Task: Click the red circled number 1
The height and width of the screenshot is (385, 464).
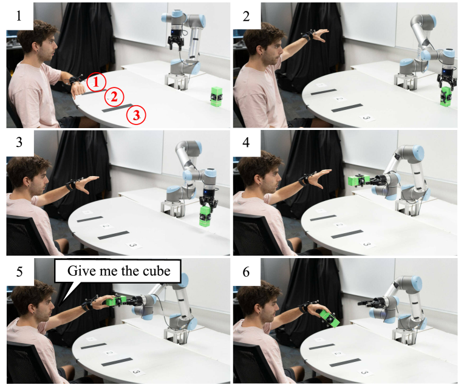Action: click(x=96, y=81)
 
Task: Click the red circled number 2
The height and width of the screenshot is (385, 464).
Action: click(x=114, y=97)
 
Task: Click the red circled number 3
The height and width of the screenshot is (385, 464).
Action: click(x=136, y=115)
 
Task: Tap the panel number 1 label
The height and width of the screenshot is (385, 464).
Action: click(x=19, y=15)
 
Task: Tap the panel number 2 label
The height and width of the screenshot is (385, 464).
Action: click(x=246, y=16)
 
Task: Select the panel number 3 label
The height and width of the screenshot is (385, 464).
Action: click(x=19, y=142)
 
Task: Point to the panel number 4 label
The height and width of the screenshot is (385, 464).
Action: click(x=246, y=142)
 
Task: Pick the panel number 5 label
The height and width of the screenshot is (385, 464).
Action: click(x=19, y=271)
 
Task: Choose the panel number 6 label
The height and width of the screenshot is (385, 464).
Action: click(x=246, y=271)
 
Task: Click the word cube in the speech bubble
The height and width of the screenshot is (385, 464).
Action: click(x=157, y=271)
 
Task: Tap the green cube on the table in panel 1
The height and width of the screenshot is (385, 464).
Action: click(x=216, y=96)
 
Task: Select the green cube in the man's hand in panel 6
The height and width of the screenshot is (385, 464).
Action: click(x=330, y=318)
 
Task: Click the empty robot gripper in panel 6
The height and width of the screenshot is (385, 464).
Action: click(x=367, y=303)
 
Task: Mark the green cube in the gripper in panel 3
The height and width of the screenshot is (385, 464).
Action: click(x=205, y=217)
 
